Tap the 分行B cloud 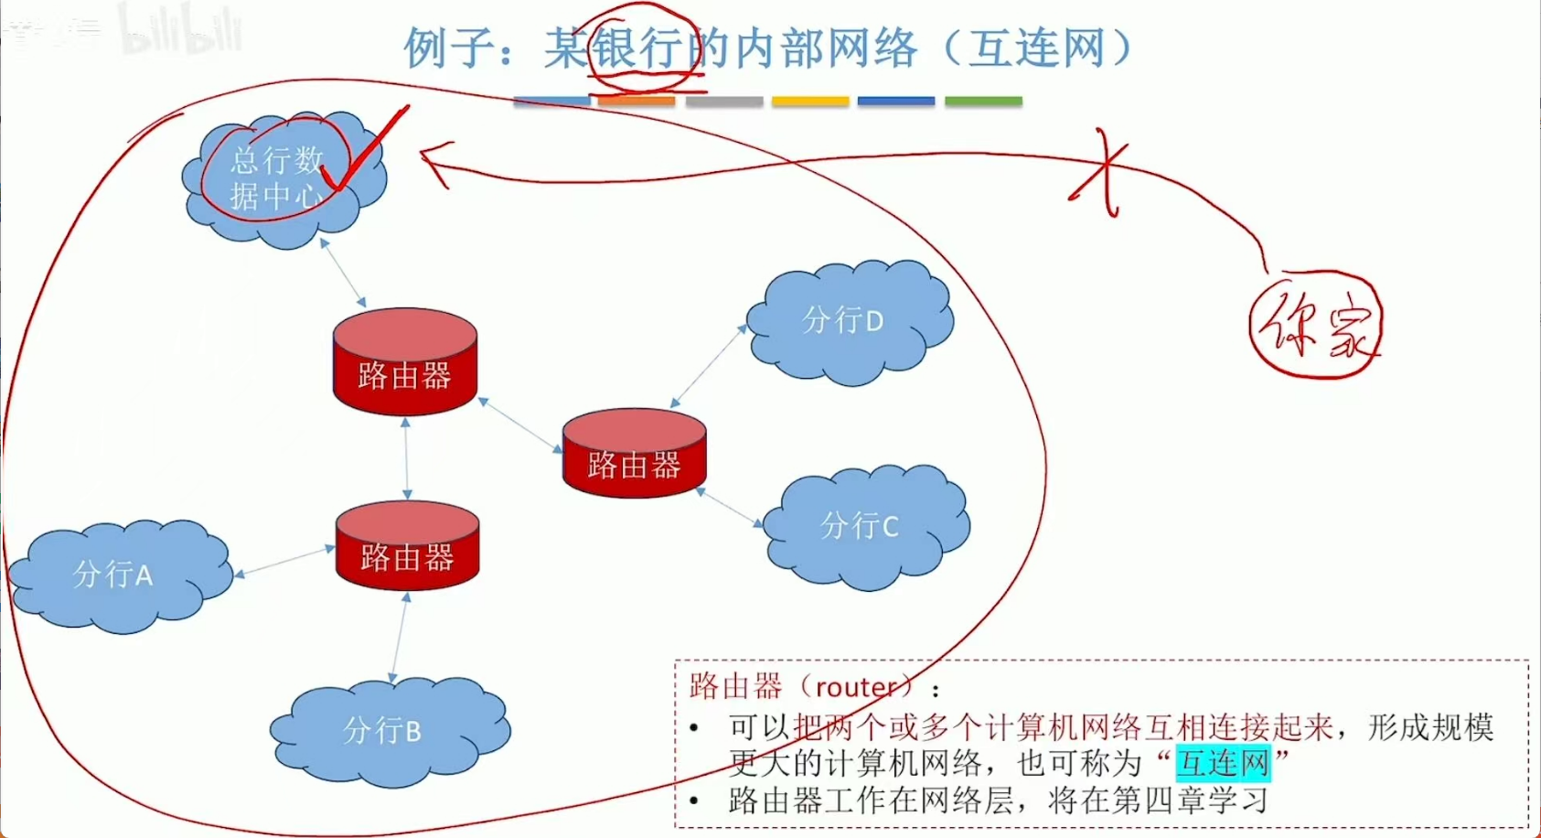389,732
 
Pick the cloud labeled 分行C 864,526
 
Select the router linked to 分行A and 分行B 407,546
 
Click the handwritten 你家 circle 1315,325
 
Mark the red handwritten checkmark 366,151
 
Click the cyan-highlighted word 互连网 1223,762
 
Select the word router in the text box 855,686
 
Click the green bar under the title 983,102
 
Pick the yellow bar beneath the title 810,102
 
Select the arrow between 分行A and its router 285,562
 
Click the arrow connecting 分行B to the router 400,637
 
